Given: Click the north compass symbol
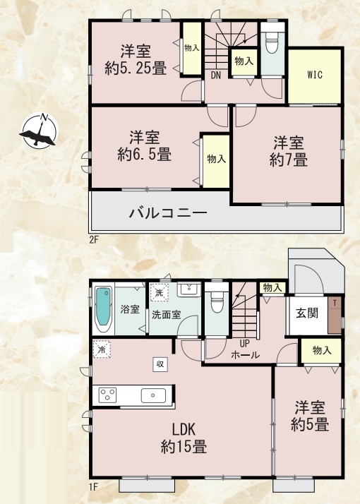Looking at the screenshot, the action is click(x=40, y=131).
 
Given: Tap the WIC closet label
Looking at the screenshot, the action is click(x=315, y=75).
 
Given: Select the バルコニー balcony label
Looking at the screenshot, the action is click(x=168, y=212).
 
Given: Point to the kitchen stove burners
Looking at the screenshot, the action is click(x=108, y=395).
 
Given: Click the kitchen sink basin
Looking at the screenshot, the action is click(x=154, y=395).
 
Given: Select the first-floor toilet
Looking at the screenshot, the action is click(x=216, y=302).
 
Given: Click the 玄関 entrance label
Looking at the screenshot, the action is click(x=306, y=313).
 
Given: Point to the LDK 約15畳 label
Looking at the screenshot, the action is click(x=184, y=438).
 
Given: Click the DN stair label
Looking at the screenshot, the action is click(x=216, y=76).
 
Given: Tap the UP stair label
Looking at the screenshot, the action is click(x=245, y=343).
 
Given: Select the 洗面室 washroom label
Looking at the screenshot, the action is click(x=166, y=315).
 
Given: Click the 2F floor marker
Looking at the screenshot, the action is click(x=93, y=240).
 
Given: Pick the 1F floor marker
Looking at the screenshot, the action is click(x=93, y=487).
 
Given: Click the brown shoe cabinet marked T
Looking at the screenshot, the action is click(x=335, y=315).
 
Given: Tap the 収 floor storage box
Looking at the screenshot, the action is click(x=160, y=364).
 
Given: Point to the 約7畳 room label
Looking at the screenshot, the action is click(x=288, y=152).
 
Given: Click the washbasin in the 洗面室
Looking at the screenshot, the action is click(x=189, y=290).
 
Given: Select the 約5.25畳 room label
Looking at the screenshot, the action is click(x=136, y=60).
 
